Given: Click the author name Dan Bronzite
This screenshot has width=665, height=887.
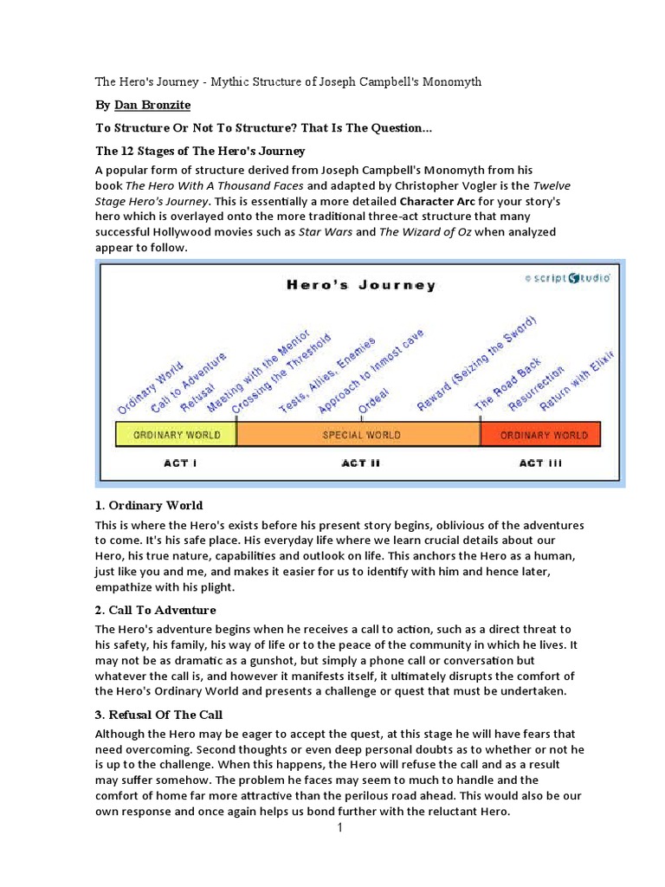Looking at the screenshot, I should pos(152,106).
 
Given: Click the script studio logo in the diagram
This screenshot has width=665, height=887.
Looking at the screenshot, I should pos(568,278).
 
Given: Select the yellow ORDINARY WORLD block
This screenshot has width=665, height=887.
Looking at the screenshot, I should pos(177,434).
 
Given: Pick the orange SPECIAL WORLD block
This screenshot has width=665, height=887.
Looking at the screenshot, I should pos(361,434).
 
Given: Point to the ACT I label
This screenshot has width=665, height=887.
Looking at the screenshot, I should pos(180,463).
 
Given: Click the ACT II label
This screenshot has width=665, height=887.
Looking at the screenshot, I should pos(361,463).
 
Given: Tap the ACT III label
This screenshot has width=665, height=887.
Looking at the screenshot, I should pos(540,463).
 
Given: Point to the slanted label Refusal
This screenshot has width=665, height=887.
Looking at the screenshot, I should pos(197,394).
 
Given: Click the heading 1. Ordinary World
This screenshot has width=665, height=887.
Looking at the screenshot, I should pos(149,505).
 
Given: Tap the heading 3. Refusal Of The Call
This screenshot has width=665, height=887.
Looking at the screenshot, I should pos(159,715).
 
